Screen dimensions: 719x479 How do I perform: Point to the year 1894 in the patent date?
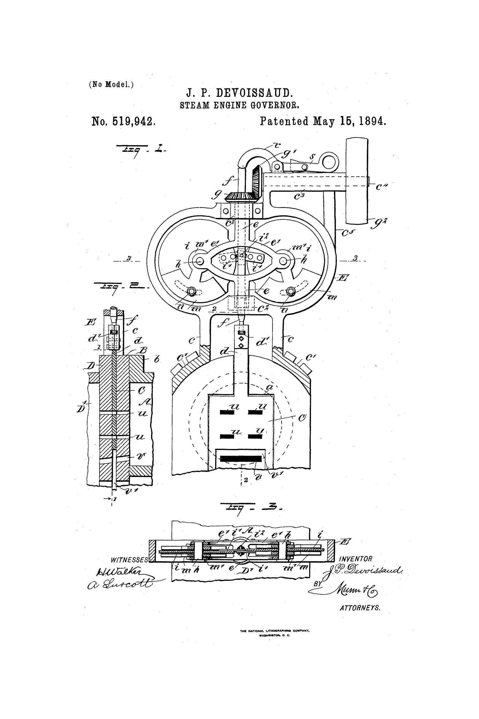point(371,121)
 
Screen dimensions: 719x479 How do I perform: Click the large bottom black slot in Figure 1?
point(241,459)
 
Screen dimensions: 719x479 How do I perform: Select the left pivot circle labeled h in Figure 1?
point(200,261)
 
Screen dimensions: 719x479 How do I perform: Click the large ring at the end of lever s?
point(329,163)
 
